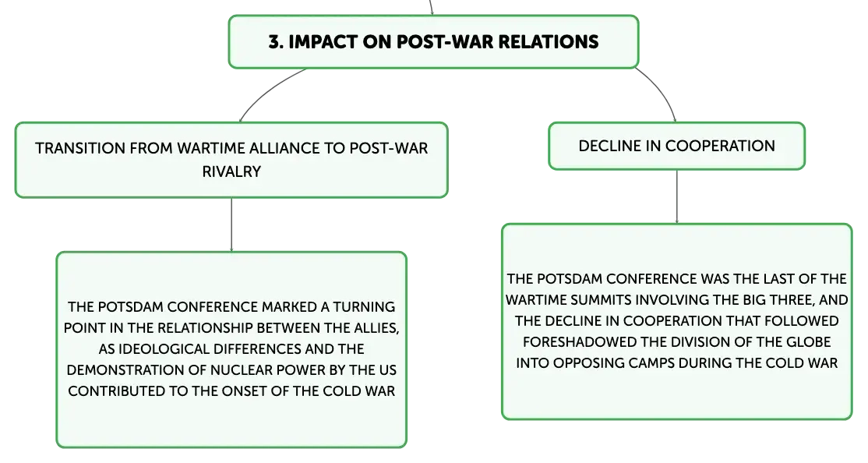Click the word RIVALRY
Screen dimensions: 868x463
(x=231, y=171)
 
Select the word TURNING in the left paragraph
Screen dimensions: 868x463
(x=364, y=307)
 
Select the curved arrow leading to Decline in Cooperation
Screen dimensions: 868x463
(x=661, y=90)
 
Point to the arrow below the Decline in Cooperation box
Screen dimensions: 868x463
(x=676, y=196)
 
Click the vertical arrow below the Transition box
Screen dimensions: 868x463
(x=231, y=224)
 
